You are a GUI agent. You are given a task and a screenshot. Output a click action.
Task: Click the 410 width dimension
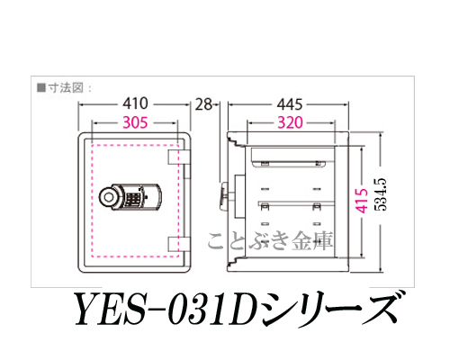click(x=135, y=103)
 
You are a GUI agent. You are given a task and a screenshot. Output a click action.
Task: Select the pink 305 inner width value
click(x=135, y=122)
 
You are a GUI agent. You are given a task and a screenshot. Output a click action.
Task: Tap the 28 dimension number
click(x=203, y=104)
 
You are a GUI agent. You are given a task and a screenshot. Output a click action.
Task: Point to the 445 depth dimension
click(x=290, y=104)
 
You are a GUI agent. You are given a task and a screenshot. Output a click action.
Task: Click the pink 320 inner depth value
click(x=290, y=122)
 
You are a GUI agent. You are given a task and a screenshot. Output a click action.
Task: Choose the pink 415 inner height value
click(x=362, y=201)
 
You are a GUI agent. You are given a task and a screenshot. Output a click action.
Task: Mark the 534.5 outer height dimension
click(x=381, y=195)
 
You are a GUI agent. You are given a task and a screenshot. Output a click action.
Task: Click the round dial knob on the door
click(x=108, y=196)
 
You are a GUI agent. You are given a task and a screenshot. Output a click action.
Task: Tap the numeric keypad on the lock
click(x=131, y=198)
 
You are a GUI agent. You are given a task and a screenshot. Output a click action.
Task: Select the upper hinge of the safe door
click(x=179, y=157)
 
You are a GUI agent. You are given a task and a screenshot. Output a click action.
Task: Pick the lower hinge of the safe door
click(x=179, y=244)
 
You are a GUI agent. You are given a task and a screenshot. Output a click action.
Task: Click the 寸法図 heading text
click(x=66, y=88)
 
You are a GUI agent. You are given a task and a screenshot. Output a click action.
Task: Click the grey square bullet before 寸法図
click(x=40, y=88)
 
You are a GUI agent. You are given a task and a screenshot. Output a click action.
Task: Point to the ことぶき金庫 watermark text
click(x=270, y=241)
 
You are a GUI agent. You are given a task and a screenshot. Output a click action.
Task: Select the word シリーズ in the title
click(x=331, y=309)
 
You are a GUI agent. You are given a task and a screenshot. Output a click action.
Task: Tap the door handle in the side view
click(x=223, y=197)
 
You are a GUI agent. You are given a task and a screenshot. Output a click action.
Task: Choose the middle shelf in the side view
click(x=296, y=203)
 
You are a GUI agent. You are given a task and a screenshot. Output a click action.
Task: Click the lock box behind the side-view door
click(x=240, y=196)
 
